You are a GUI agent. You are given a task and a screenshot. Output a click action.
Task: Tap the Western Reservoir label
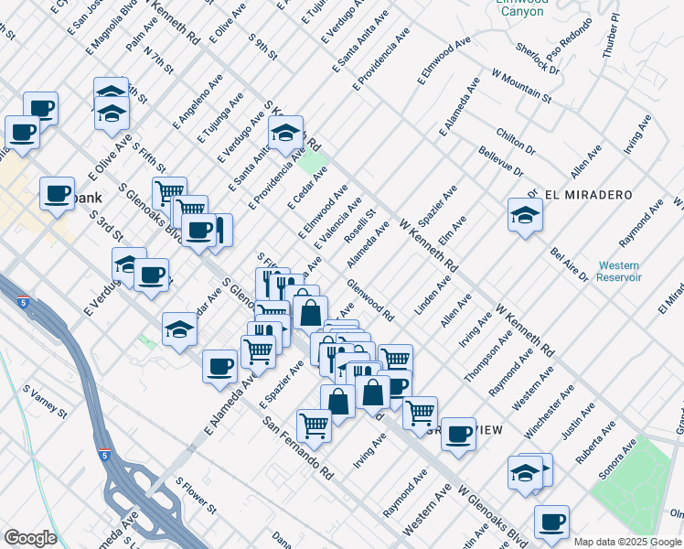[619, 271]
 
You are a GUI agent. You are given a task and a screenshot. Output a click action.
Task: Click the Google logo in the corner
[30, 538]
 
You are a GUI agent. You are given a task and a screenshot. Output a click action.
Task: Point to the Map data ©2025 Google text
[626, 542]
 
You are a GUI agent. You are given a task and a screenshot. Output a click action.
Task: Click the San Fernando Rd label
[299, 448]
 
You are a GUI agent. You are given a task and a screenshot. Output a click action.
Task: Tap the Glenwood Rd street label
[371, 301]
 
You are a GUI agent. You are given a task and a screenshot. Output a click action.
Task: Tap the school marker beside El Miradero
[526, 216]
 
